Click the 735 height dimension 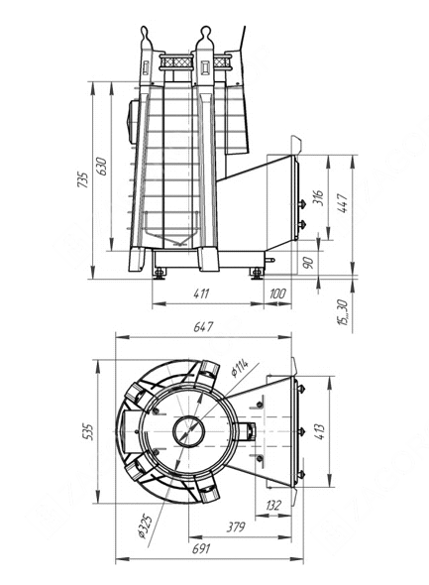[83, 179]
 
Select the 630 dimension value [101, 167]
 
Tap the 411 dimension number [201, 293]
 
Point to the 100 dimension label [277, 293]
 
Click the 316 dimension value [318, 197]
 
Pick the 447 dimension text [343, 203]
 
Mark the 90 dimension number [308, 262]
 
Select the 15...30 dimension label [342, 312]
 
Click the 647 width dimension [203, 327]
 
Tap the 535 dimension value [89, 431]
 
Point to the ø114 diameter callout [239, 368]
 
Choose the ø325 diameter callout [145, 526]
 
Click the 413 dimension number [320, 431]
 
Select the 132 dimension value [273, 506]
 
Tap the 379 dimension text [236, 527]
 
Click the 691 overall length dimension [201, 549]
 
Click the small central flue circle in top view [189, 431]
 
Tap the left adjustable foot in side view [160, 274]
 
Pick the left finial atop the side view [146, 36]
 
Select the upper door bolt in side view [301, 203]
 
